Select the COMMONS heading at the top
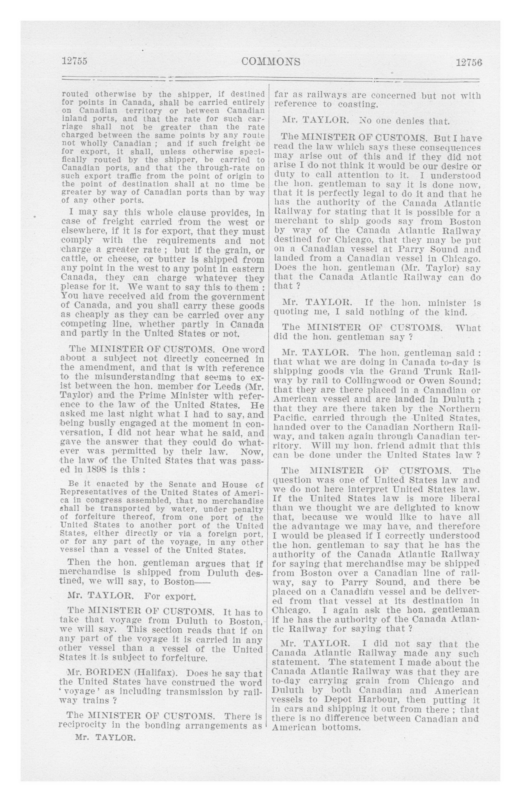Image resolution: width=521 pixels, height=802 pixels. click(271, 62)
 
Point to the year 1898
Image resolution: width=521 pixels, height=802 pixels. click(97, 470)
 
